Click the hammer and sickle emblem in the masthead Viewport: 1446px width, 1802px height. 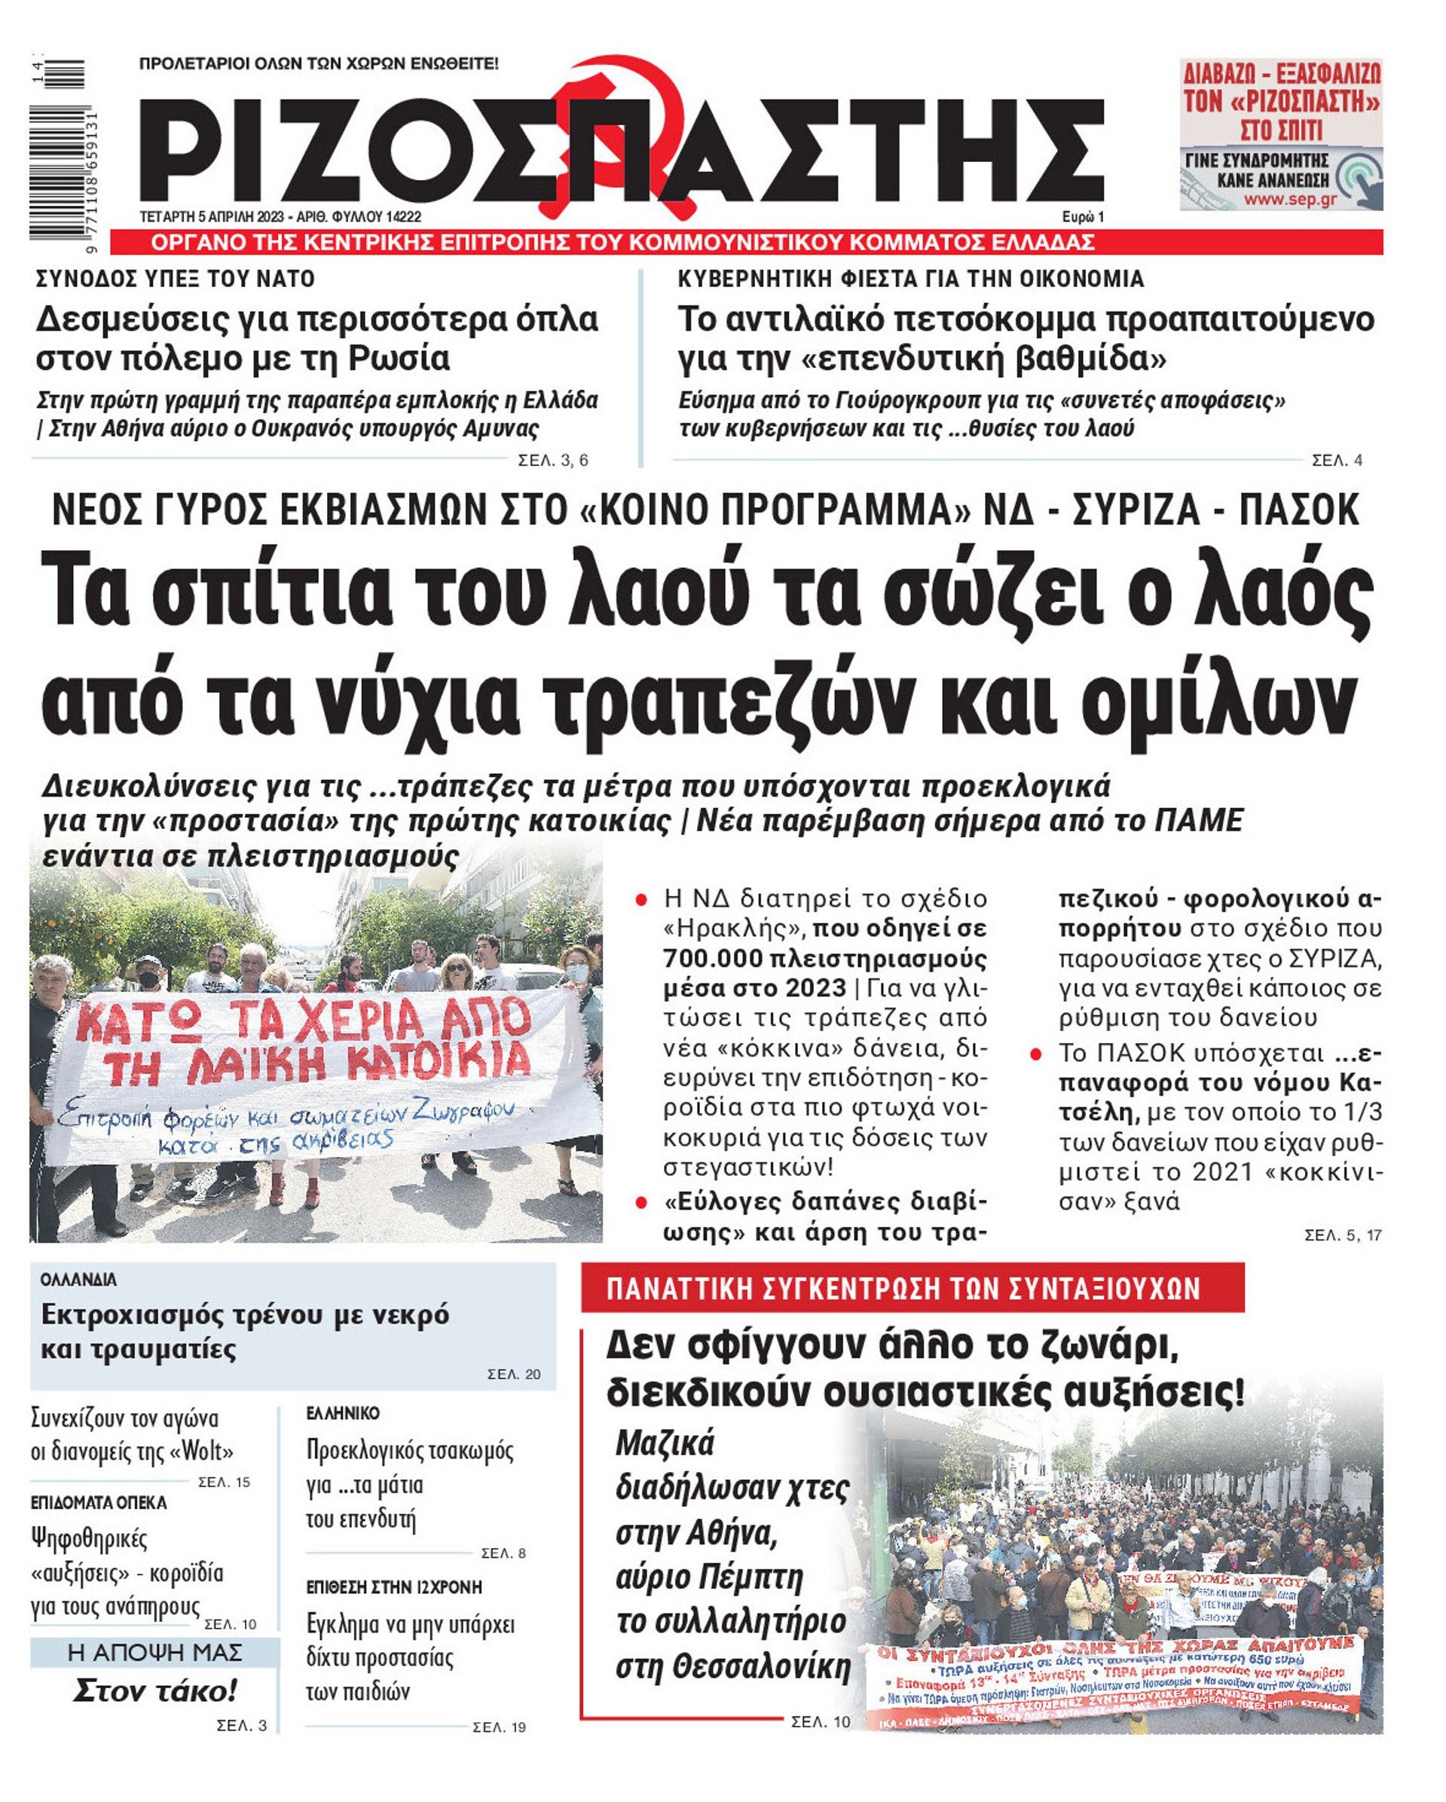pyautogui.click(x=619, y=133)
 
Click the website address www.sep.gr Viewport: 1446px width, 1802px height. pyautogui.click(x=1290, y=200)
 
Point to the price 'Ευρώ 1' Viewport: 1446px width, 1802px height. pyautogui.click(x=1082, y=217)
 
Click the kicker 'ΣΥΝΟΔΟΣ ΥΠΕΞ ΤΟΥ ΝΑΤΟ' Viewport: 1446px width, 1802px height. pyautogui.click(x=176, y=279)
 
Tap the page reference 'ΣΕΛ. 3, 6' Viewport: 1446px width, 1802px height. pyautogui.click(x=552, y=460)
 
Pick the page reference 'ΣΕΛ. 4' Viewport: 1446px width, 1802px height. pyautogui.click(x=1337, y=460)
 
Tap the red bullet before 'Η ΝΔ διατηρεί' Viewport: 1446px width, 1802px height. pyautogui.click(x=641, y=900)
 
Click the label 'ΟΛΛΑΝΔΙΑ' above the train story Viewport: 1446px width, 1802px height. pyautogui.click(x=78, y=1280)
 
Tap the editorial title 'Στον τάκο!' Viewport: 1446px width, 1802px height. pyautogui.click(x=154, y=1692)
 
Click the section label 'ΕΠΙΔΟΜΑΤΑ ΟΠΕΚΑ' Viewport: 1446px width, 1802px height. pyautogui.click(x=99, y=1503)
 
